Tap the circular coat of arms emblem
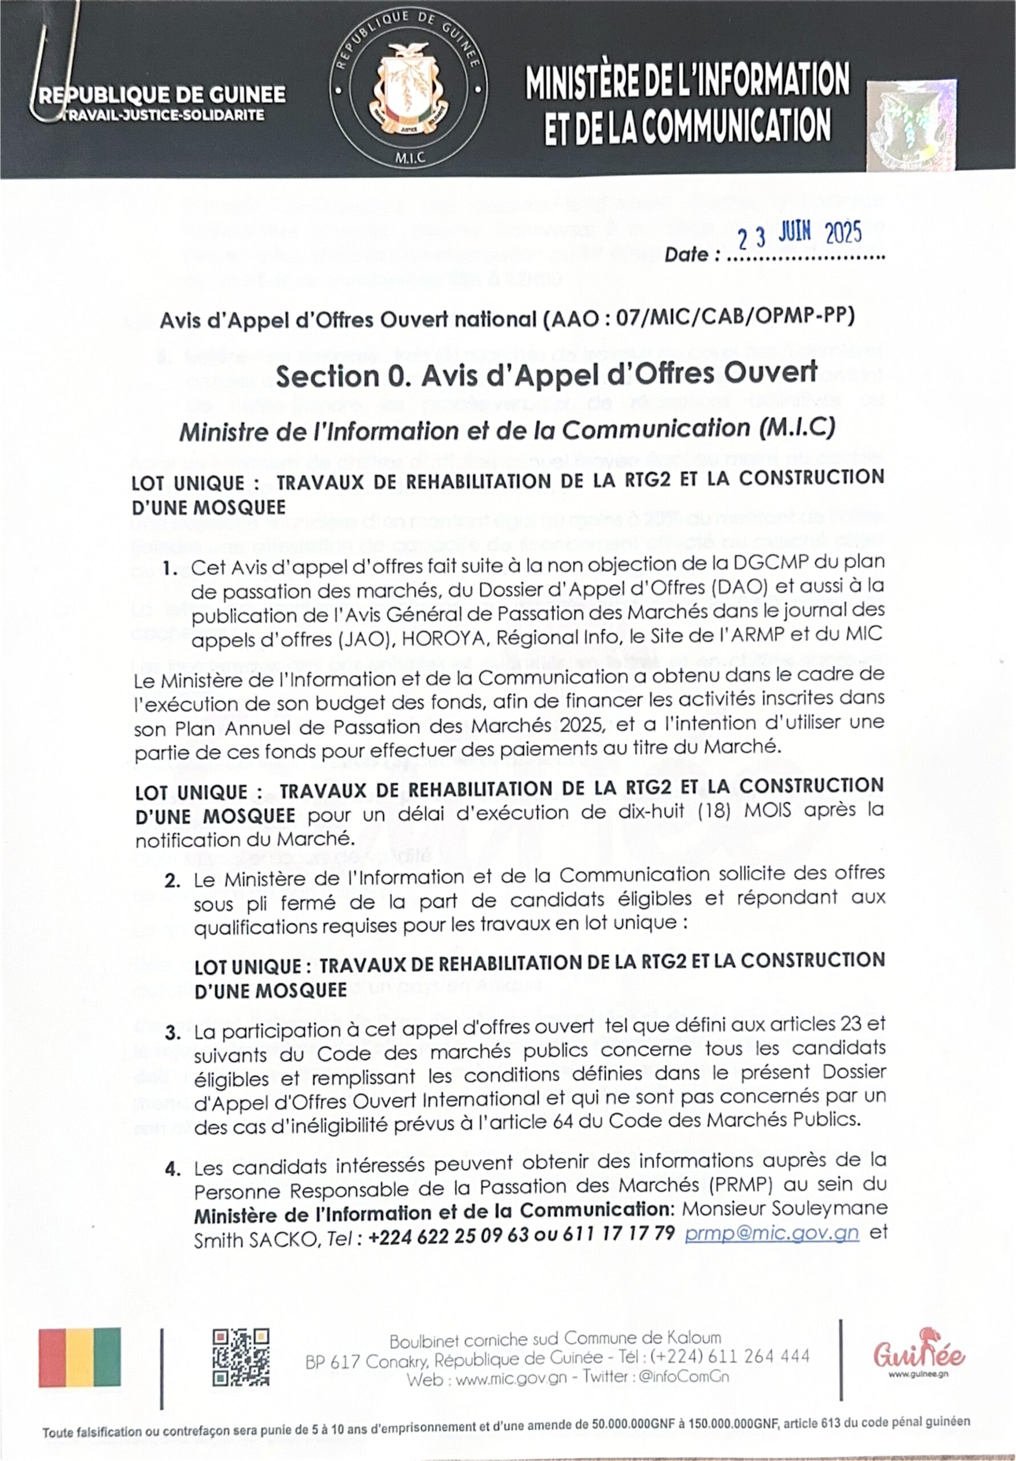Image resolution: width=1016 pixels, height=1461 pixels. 408,88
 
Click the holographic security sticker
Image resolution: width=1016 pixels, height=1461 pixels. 912,126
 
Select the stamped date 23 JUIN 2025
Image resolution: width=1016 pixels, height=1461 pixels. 800,236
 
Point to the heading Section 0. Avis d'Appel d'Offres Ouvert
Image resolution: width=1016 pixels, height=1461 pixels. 546,376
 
